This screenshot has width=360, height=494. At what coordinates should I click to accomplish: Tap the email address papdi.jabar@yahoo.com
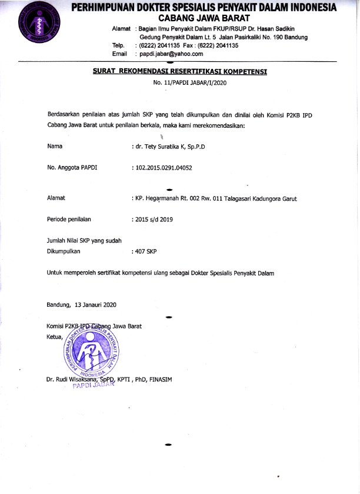(x=170, y=54)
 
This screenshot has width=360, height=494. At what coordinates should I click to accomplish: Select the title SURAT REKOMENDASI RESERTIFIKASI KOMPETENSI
(x=181, y=71)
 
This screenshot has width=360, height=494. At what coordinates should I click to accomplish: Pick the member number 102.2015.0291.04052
(x=163, y=168)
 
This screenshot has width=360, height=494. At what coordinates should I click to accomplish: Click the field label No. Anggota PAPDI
(x=72, y=168)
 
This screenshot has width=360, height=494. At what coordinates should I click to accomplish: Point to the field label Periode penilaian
(x=69, y=220)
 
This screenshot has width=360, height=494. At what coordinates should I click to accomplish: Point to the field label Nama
(x=55, y=145)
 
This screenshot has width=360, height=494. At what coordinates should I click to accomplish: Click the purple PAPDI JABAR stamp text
(x=91, y=387)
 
